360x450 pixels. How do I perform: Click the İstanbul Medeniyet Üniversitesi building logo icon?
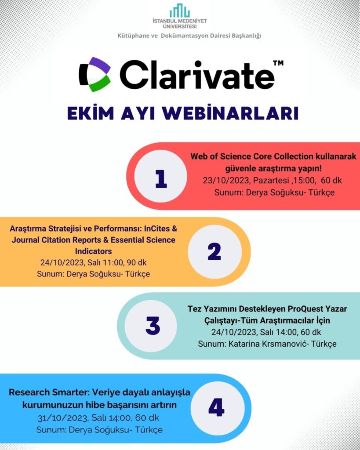click(x=180, y=11)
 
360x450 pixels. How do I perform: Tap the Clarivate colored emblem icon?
click(x=95, y=75)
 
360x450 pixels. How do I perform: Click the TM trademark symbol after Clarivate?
click(x=278, y=63)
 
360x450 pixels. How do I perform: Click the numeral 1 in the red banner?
click(x=161, y=178)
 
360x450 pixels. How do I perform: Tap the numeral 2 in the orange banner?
click(x=215, y=251)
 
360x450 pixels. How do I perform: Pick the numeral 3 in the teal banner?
click(x=153, y=326)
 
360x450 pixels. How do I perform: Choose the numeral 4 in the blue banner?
click(x=216, y=407)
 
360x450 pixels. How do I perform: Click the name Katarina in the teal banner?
click(x=244, y=344)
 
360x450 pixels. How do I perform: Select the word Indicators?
click(x=93, y=251)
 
